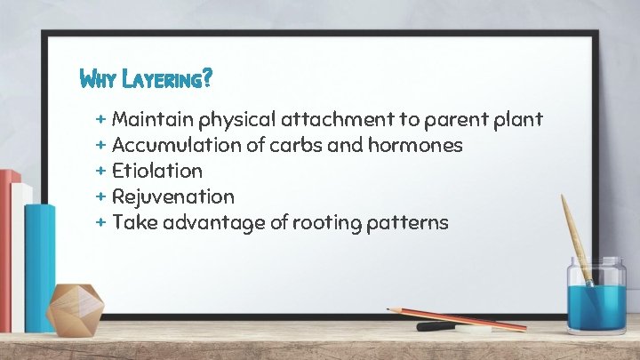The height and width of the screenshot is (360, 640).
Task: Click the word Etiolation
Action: [x=157, y=170]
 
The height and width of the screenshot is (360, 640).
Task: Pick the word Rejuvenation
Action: [x=172, y=196]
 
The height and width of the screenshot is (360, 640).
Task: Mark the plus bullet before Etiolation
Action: [x=100, y=169]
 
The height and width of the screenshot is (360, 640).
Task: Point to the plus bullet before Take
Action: [x=100, y=220]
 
